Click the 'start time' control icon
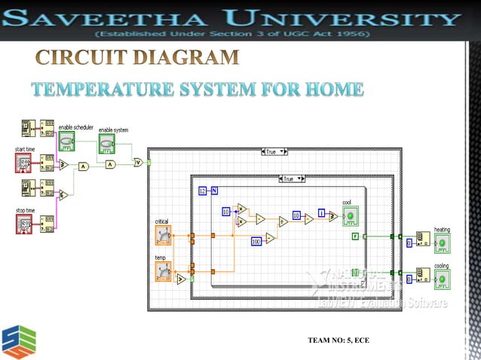point(23,163)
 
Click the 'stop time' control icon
point(23,223)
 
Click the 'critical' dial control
point(163,236)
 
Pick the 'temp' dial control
point(163,271)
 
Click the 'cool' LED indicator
point(351,217)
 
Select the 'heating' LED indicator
point(442,243)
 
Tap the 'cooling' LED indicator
point(442,279)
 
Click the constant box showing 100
point(256,241)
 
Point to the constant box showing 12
point(202,191)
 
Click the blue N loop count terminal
point(214,191)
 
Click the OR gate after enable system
point(138,162)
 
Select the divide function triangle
point(283,221)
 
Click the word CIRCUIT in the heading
point(83,57)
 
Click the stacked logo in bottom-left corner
point(18,340)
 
